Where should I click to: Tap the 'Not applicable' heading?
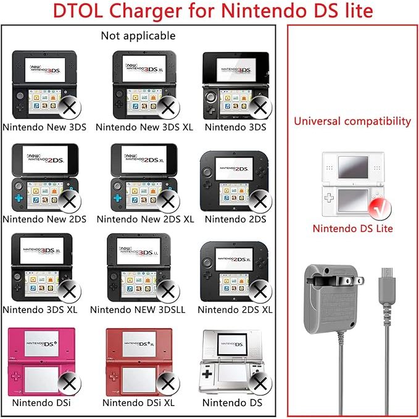(138, 36)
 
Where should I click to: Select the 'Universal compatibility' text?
(352, 121)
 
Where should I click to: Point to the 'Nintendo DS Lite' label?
(352, 228)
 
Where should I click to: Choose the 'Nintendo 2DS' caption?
(235, 218)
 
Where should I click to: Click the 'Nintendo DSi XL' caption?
(139, 402)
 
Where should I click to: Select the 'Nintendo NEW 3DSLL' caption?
(139, 310)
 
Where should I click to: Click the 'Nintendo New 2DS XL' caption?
(145, 218)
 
